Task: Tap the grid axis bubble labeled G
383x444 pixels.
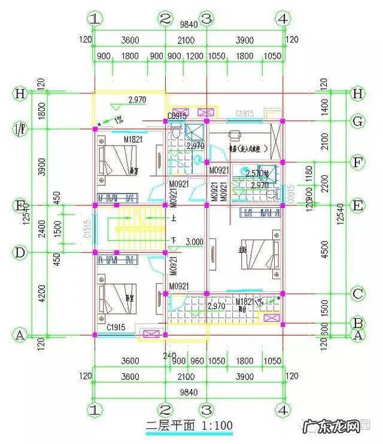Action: tap(358, 122)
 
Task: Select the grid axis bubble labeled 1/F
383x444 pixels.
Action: tap(20, 128)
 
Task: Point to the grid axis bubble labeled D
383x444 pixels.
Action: tap(20, 253)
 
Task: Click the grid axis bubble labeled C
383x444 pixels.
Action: tap(358, 294)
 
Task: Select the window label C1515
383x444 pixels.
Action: tap(87, 229)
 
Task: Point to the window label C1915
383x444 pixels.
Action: tap(116, 328)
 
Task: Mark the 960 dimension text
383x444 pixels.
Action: tap(196, 361)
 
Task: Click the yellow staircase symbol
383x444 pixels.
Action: tap(133, 229)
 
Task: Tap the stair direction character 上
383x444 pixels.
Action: tap(174, 218)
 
